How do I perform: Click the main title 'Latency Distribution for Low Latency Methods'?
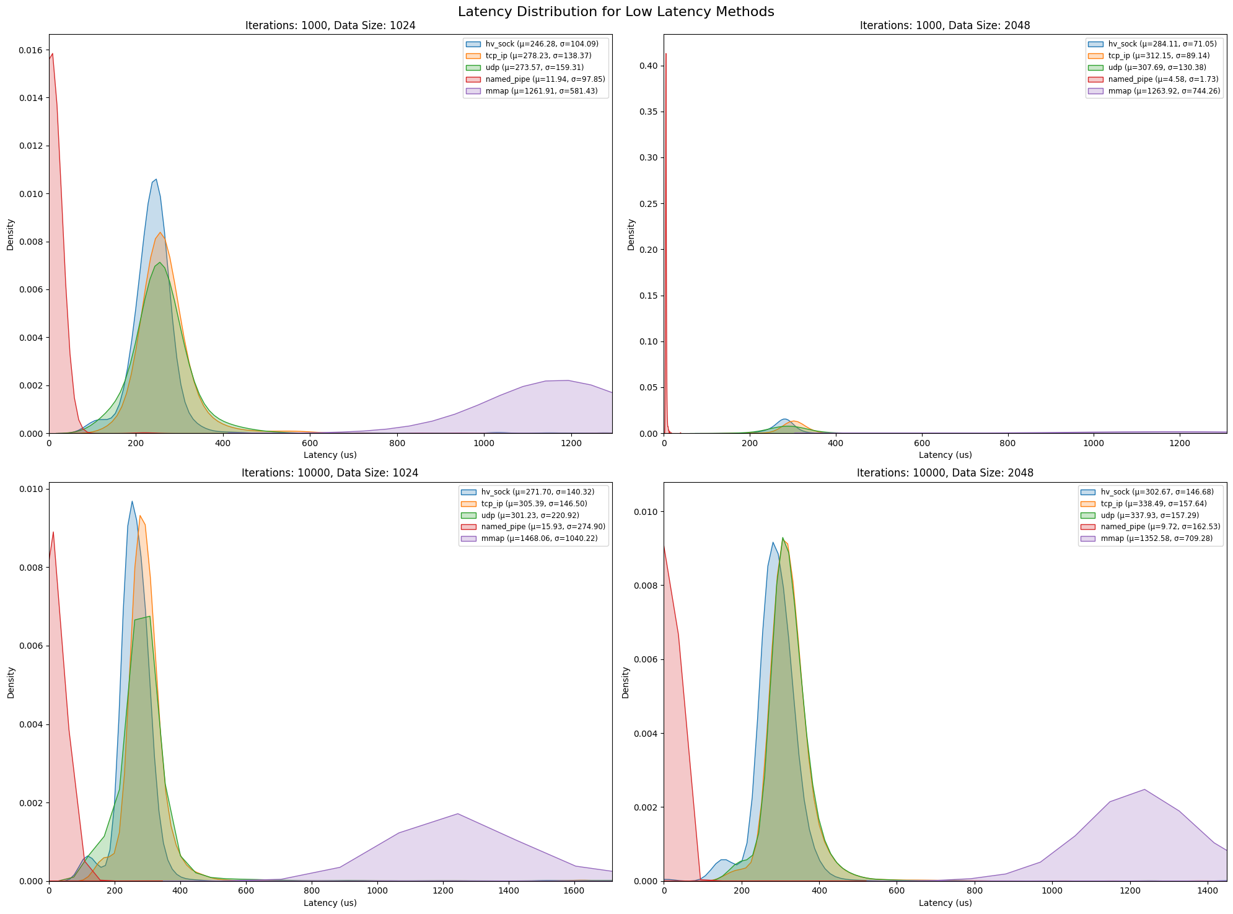pyautogui.click(x=616, y=11)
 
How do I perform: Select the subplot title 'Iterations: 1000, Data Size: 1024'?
pyautogui.click(x=330, y=25)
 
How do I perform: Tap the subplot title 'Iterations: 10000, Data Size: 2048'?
pyautogui.click(x=945, y=473)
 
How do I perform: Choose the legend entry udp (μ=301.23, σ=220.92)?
pyautogui.click(x=533, y=515)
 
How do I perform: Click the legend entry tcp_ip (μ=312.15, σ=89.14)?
pyautogui.click(x=1146, y=56)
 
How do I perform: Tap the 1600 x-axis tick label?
pyautogui.click(x=574, y=892)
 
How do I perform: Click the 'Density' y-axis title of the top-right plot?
pyautogui.click(x=631, y=234)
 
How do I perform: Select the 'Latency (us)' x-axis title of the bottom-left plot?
pyautogui.click(x=330, y=903)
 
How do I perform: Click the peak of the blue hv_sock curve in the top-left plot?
pyautogui.click(x=156, y=179)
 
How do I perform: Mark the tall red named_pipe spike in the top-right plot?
pyautogui.click(x=665, y=55)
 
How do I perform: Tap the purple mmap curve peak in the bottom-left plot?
pyautogui.click(x=457, y=814)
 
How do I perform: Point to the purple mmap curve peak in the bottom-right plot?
pyautogui.click(x=1144, y=789)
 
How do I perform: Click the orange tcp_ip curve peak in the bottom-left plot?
pyautogui.click(x=140, y=516)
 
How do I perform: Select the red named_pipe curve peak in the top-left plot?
pyautogui.click(x=53, y=53)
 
